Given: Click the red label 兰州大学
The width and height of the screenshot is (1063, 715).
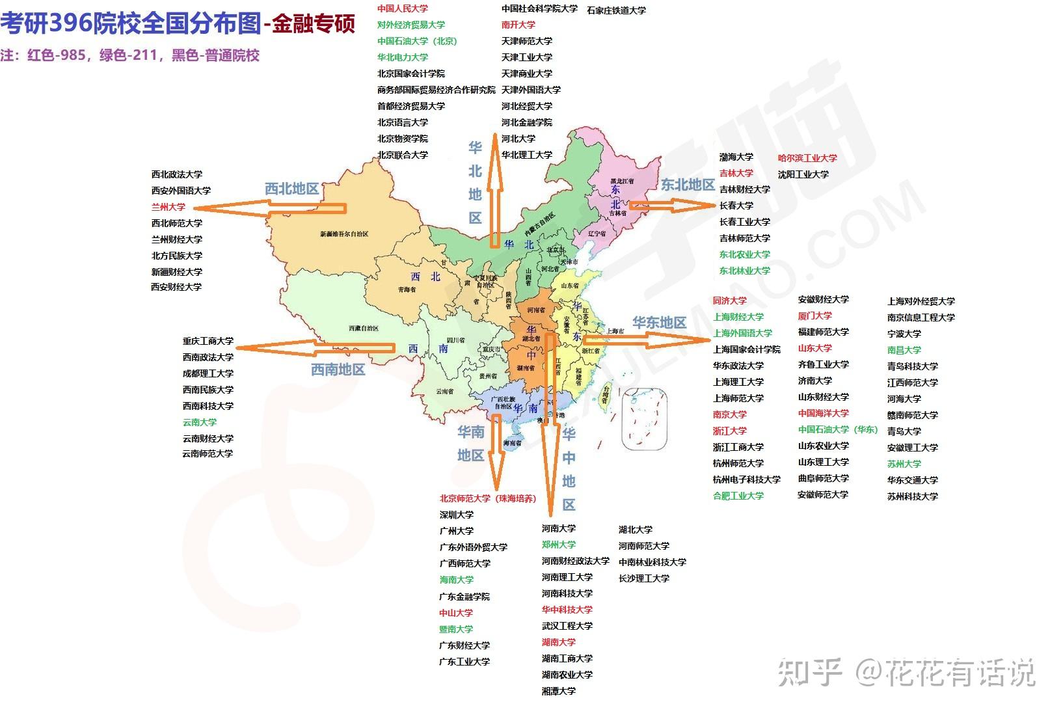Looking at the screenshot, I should (x=168, y=207).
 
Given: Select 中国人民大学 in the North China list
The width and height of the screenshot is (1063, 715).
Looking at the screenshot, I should (x=403, y=8).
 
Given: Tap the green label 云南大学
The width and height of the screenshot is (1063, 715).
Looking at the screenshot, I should (x=200, y=422).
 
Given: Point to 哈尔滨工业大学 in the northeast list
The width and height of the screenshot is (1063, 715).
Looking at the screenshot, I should (x=807, y=158).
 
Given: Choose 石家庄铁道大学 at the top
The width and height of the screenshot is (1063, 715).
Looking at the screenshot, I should (x=616, y=10).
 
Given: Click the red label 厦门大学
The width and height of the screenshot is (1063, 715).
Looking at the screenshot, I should (x=814, y=316).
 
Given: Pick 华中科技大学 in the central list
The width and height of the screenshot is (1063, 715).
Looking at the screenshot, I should (x=567, y=610).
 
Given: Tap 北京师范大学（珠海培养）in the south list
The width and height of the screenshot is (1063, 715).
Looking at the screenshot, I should (x=488, y=498).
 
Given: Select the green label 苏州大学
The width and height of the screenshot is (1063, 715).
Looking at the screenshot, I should (x=904, y=464).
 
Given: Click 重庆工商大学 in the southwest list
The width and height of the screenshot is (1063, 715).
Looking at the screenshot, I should (x=208, y=341).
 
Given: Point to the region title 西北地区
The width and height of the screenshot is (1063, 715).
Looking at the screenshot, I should (x=291, y=189).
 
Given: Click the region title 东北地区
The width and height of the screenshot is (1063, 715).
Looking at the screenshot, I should (x=688, y=185).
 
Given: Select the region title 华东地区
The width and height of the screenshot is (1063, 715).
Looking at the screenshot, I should (x=659, y=323).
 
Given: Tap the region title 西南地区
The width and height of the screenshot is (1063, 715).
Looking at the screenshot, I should (x=338, y=370).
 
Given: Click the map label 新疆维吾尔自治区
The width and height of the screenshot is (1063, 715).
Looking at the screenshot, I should (x=344, y=234).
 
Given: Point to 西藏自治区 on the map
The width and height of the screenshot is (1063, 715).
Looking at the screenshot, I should (x=367, y=328).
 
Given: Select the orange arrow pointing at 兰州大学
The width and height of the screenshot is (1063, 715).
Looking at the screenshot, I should (x=270, y=208).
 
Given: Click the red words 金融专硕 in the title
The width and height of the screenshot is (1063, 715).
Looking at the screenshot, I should (x=314, y=25).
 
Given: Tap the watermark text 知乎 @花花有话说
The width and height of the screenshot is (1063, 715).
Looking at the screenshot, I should (x=906, y=671).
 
